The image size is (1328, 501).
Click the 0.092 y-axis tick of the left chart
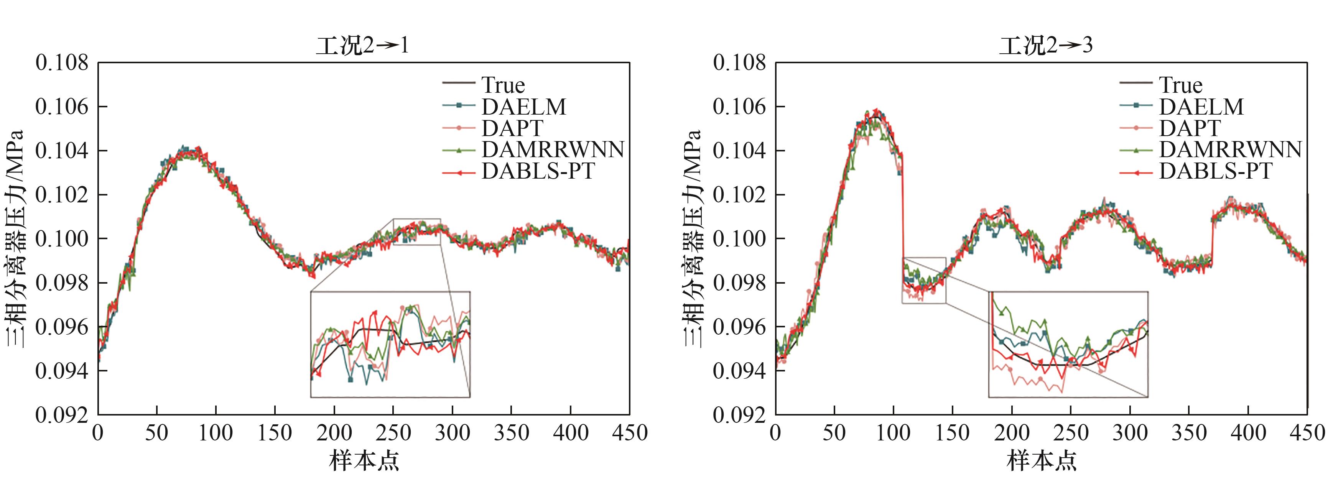click(62, 415)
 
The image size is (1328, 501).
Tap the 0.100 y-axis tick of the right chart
click(739, 239)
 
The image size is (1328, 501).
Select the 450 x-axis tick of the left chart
click(629, 433)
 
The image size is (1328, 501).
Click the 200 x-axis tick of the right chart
click(1012, 433)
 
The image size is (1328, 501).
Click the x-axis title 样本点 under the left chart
click(364, 460)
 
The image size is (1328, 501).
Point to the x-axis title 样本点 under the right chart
click(1042, 460)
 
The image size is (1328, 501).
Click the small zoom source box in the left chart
click(416, 232)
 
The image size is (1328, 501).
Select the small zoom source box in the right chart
click(924, 280)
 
